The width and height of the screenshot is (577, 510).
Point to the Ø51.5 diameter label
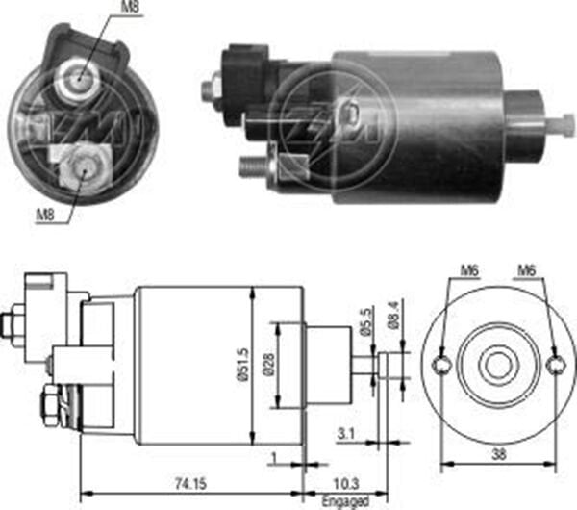244,365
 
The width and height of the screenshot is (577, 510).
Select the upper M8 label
130,10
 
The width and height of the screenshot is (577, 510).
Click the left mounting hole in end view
441,366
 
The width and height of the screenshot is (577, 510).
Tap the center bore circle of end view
497,366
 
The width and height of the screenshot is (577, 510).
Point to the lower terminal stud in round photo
82,169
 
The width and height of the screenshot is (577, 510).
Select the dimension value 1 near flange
275,455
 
